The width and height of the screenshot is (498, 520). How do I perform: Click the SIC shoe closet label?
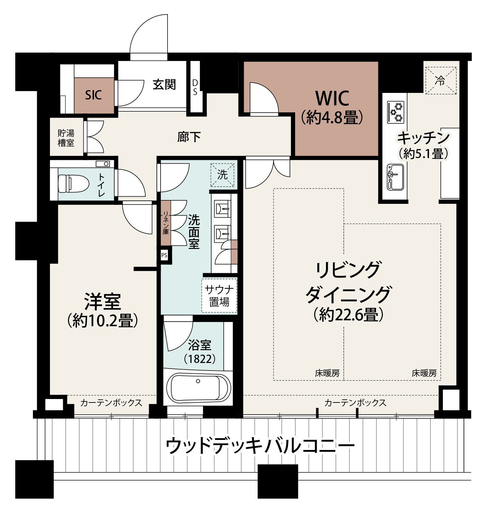coord(93,95)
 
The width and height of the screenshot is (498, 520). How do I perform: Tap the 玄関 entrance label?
coord(164,85)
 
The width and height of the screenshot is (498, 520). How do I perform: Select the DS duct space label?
coord(195,87)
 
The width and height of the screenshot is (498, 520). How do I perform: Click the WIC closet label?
coord(332,98)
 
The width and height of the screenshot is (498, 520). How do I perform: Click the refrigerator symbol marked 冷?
coord(440,81)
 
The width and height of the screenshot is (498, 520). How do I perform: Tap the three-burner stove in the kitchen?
coord(396,112)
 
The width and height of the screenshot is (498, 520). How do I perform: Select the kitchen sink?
coord(395,177)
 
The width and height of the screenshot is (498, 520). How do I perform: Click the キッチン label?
coord(423,138)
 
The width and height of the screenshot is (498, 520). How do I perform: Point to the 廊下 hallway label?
coord(189,137)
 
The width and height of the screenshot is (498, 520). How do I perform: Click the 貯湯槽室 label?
coord(66,138)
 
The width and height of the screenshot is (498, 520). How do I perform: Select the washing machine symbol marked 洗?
coord(222,175)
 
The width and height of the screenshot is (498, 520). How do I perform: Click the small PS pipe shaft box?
coord(164,255)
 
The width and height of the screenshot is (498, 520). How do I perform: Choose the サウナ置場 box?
coord(219,296)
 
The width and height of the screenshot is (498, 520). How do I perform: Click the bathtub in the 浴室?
coord(198,388)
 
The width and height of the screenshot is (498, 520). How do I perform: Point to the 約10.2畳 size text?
coord(103,321)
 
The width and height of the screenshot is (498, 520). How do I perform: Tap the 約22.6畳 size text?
coord(348,315)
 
